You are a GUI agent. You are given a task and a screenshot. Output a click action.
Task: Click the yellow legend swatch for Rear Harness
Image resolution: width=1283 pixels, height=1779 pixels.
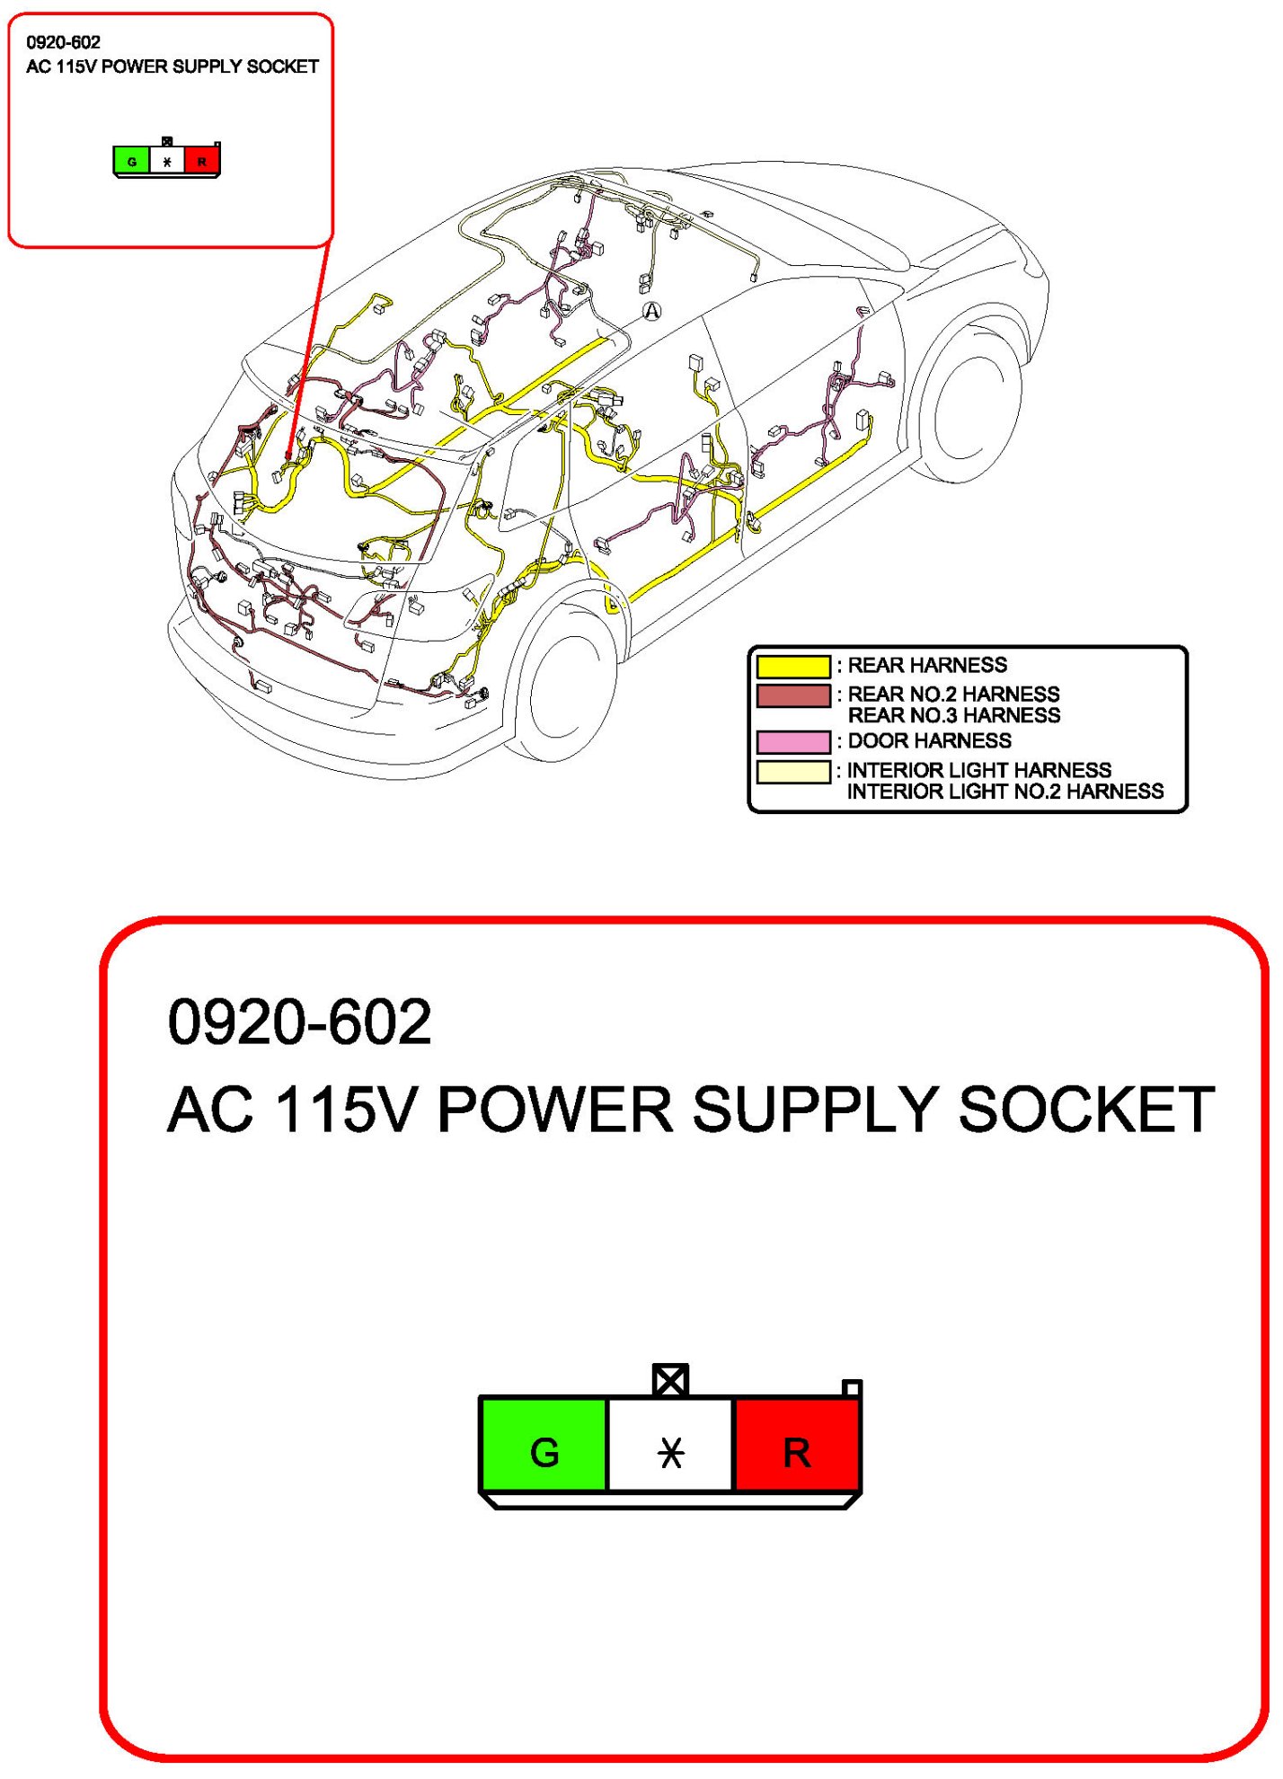point(793,667)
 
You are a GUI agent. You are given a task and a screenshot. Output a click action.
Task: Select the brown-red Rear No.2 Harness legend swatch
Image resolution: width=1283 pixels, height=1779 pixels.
point(793,696)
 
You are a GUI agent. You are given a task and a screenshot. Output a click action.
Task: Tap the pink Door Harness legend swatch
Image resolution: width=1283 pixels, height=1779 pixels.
point(793,742)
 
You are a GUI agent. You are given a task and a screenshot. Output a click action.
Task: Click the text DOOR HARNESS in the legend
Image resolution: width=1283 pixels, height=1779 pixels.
point(929,741)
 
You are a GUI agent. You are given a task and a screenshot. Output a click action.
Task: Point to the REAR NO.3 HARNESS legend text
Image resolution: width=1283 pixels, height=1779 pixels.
point(953,716)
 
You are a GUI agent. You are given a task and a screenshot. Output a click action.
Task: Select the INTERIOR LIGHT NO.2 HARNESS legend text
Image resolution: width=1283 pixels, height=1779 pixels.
point(1004,792)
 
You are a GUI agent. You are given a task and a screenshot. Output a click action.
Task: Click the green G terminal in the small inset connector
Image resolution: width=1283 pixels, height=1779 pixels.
point(132,162)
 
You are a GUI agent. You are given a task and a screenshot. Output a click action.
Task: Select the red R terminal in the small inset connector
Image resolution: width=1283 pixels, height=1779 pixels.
point(202,162)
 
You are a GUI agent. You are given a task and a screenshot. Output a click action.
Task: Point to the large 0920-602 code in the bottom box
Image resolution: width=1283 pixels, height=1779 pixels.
point(299,1022)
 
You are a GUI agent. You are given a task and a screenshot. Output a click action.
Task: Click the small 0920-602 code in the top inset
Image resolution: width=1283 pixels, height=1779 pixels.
point(63,42)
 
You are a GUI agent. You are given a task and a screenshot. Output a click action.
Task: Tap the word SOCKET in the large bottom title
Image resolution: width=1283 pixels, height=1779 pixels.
point(1087,1110)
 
